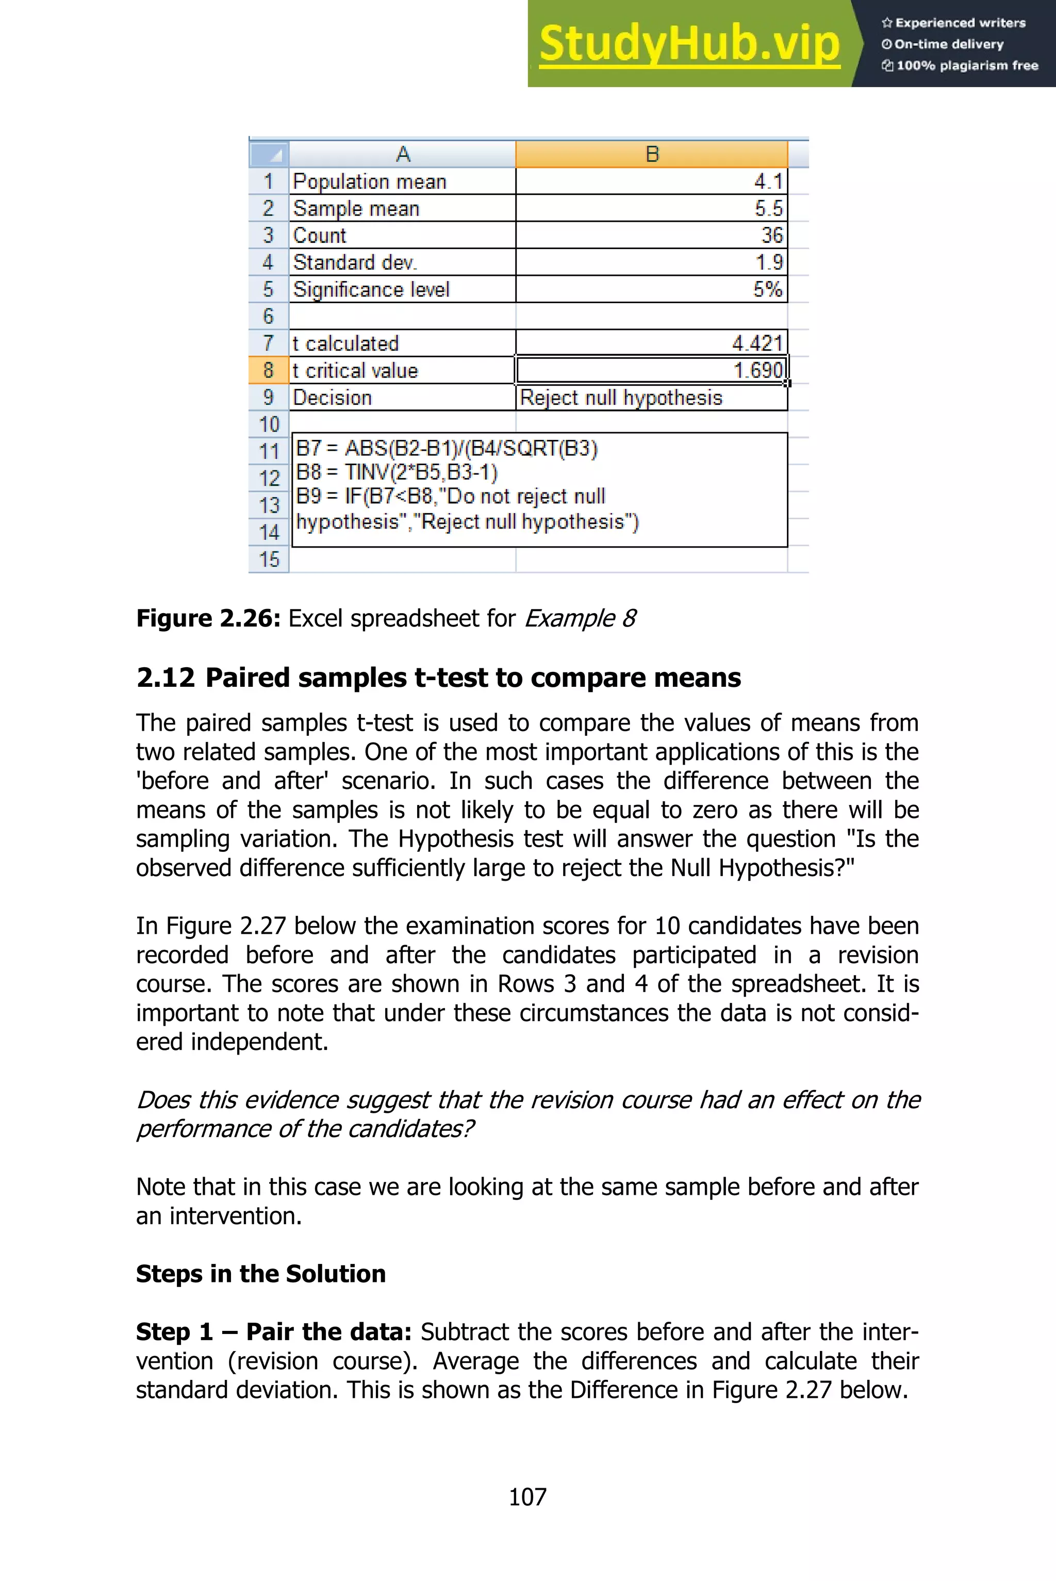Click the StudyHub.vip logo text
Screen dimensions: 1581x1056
[689, 44]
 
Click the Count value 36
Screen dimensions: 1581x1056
[772, 235]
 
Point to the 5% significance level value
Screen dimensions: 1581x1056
[767, 289]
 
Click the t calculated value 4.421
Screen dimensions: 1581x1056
[757, 343]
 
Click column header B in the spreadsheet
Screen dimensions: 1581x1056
[651, 154]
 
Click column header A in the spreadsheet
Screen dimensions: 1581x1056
[403, 154]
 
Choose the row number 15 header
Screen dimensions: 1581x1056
[269, 559]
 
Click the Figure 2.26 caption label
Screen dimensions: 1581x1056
[208, 618]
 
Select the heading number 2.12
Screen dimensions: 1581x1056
[166, 678]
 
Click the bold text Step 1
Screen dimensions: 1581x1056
[174, 1332]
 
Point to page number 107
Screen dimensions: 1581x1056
[527, 1497]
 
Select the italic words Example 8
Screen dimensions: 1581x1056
[580, 618]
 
